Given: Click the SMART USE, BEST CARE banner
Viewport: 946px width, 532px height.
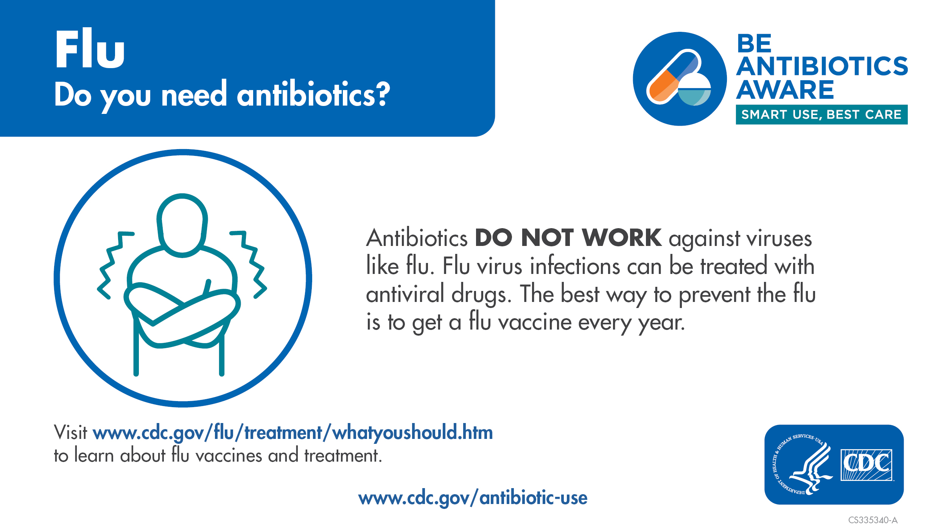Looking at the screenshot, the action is (822, 114).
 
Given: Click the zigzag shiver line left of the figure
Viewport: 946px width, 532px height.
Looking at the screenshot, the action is (113, 265).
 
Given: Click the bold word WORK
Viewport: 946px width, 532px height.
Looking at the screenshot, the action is (622, 238).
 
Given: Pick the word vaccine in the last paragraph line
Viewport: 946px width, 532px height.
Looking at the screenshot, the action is (535, 322).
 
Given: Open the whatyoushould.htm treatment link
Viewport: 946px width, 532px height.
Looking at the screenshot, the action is (293, 432).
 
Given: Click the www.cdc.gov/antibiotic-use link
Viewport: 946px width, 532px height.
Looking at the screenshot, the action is (473, 498).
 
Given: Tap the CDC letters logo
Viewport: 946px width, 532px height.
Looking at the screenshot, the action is (866, 465).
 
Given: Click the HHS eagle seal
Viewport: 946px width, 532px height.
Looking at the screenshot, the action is (802, 464).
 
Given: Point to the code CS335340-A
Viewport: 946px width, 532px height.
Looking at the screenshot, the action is (873, 520).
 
